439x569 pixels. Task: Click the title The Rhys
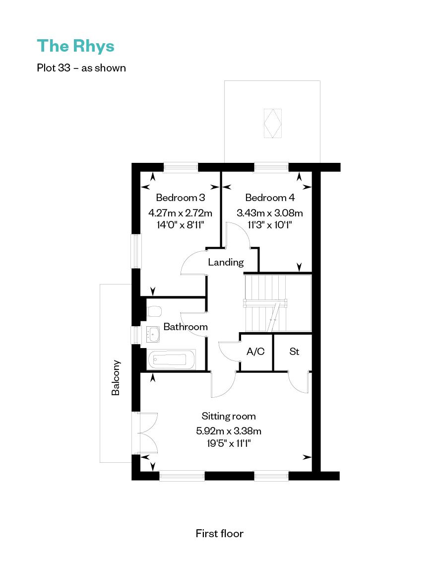pos(76,47)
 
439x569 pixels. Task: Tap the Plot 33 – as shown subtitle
pos(81,68)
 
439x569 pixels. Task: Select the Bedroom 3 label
pos(180,198)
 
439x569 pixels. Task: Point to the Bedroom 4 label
pos(270,198)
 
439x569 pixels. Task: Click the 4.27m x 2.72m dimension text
pos(180,213)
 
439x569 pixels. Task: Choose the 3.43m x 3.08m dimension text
pos(270,213)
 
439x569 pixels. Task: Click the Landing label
pos(226,262)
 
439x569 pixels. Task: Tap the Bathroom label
pos(186,327)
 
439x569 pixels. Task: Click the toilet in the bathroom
pos(154,311)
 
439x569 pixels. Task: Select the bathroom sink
pos(153,334)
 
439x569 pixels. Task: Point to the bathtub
pos(172,359)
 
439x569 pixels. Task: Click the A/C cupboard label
pos(255,351)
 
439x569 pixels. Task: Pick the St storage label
pos(294,351)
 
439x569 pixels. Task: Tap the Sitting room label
pos(229,416)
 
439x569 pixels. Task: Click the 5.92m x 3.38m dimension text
pos(229,431)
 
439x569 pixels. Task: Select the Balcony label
pos(116,378)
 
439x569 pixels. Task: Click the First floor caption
pos(220,533)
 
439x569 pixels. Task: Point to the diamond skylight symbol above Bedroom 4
pos(273,123)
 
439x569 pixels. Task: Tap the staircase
pos(278,303)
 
